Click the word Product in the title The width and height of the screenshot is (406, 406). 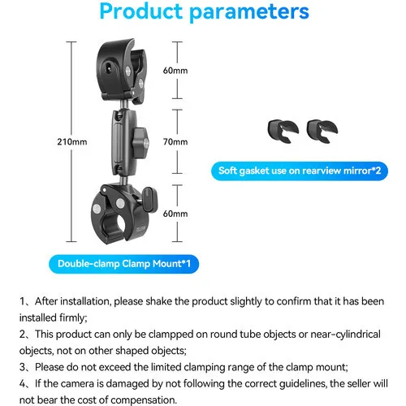pyautogui.click(x=141, y=11)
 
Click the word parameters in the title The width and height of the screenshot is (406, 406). pyautogui.click(x=249, y=12)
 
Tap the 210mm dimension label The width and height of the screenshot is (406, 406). pyautogui.click(x=72, y=141)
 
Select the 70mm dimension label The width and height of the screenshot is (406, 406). pyautogui.click(x=175, y=141)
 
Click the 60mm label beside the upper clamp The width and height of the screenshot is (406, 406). pyautogui.click(x=175, y=71)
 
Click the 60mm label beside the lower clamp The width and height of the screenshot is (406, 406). pyautogui.click(x=175, y=214)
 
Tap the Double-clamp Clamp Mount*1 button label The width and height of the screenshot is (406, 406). pyautogui.click(x=124, y=264)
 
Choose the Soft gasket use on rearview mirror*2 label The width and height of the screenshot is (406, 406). pyautogui.click(x=300, y=171)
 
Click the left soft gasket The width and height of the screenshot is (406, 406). pyautogui.click(x=283, y=131)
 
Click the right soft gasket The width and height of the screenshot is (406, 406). pyautogui.click(x=322, y=131)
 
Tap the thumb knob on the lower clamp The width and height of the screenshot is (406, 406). pyautogui.click(x=149, y=200)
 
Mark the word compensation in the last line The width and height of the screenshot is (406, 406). pyautogui.click(x=144, y=400)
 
